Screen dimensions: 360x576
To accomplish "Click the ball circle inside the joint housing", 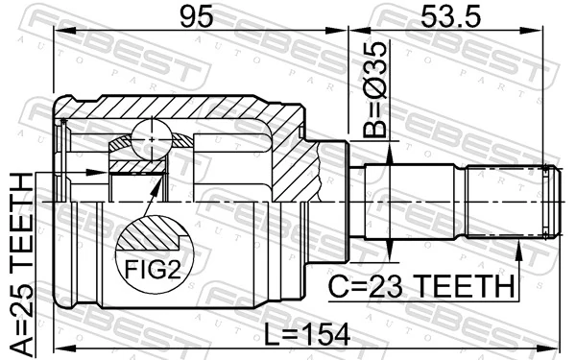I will tap(152, 139).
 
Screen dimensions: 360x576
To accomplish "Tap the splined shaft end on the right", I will tap(504, 203).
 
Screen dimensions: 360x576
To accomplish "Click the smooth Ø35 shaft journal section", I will tap(413, 203).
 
